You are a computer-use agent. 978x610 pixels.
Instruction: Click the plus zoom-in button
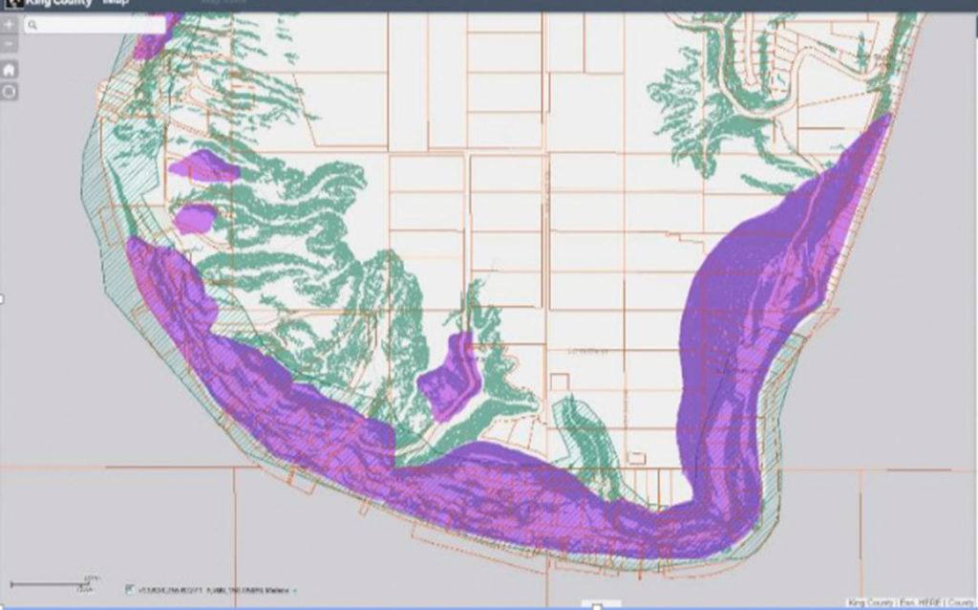pyautogui.click(x=10, y=25)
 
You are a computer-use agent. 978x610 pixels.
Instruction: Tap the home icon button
pyautogui.click(x=10, y=70)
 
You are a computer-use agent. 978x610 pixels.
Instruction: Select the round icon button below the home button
pyautogui.click(x=10, y=92)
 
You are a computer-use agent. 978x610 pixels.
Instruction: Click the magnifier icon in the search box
pyautogui.click(x=32, y=25)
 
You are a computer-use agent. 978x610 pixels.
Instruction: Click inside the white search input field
pyautogui.click(x=86, y=25)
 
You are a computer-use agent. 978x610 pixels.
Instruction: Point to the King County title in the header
pyautogui.click(x=58, y=4)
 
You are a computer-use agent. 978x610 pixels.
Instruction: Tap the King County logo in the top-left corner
pyautogui.click(x=11, y=4)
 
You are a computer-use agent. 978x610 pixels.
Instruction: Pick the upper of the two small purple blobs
pyautogui.click(x=202, y=167)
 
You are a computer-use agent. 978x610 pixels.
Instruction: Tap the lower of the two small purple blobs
pyautogui.click(x=194, y=219)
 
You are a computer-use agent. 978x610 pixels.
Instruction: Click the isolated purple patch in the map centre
pyautogui.click(x=449, y=379)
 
